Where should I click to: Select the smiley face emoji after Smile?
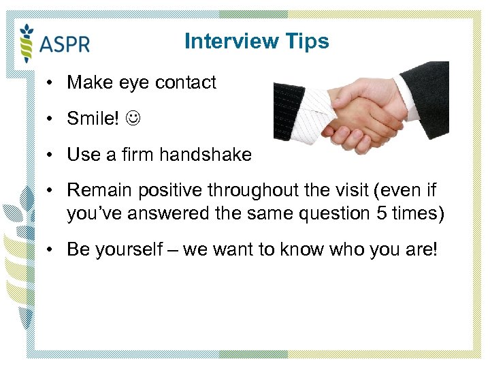pos(133,119)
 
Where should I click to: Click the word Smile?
pos(93,119)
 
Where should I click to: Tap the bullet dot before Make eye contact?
pos(50,83)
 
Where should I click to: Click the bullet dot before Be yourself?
pos(50,249)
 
